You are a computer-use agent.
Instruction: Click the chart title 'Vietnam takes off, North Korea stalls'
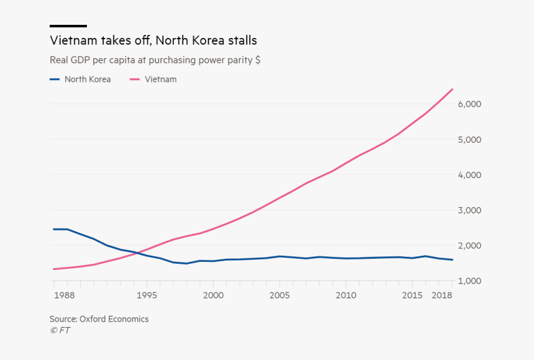point(153,41)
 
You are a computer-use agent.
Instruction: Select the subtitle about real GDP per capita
point(155,60)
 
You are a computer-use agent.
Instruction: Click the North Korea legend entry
point(80,79)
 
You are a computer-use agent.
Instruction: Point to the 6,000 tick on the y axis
point(469,104)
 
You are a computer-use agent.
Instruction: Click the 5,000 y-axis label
point(469,139)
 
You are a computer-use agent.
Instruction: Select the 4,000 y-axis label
point(469,175)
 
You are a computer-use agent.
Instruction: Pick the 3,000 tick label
point(469,210)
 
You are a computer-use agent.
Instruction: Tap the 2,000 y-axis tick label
point(469,246)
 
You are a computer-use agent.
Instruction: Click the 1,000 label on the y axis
point(469,281)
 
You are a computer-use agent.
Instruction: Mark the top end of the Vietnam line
point(452,89)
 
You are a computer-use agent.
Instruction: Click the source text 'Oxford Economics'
point(114,319)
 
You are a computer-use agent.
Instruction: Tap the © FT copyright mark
point(60,330)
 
